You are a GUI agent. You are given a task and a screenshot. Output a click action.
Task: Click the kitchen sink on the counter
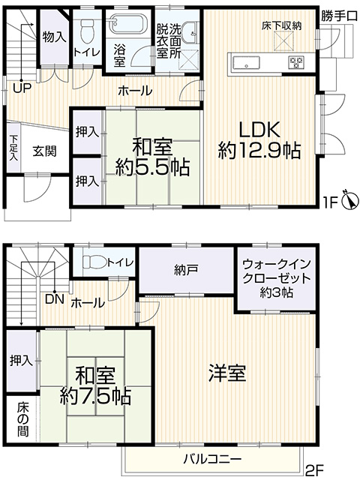click(x=247, y=62)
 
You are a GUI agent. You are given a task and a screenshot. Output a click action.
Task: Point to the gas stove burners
click(x=295, y=62)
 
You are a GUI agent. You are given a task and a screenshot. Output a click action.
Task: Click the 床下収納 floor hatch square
click(x=281, y=41)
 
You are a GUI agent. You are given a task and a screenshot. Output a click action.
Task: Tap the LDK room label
click(x=259, y=130)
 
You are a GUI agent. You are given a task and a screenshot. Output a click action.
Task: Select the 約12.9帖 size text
click(x=259, y=150)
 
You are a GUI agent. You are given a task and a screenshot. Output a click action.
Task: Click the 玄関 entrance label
click(x=44, y=151)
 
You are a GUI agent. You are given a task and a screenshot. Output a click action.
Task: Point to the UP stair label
click(x=22, y=88)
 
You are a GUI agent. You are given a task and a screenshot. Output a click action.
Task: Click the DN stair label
click(x=55, y=299)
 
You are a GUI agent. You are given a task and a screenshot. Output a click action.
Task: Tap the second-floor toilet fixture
click(x=94, y=262)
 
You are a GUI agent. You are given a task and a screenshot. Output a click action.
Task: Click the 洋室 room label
click(x=227, y=373)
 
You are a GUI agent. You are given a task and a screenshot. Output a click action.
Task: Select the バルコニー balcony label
click(x=213, y=459)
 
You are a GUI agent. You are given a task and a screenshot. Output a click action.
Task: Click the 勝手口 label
click(x=339, y=16)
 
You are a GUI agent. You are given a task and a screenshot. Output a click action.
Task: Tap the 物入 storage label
click(x=53, y=37)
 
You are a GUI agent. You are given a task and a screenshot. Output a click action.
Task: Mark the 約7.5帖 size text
click(x=95, y=397)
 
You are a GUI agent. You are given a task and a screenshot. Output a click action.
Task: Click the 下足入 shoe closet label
click(x=13, y=148)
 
